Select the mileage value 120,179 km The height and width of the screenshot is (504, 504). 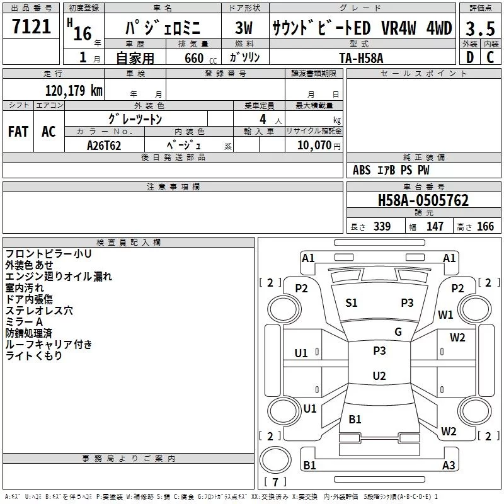[x=74, y=90]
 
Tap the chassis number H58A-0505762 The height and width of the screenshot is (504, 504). [x=423, y=200]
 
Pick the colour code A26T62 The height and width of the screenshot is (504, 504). [x=104, y=145]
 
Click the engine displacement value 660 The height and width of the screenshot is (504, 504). [x=193, y=57]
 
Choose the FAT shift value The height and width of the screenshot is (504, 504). [x=18, y=131]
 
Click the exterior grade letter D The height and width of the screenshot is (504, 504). [x=469, y=57]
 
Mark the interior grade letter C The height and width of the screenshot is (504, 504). [x=490, y=57]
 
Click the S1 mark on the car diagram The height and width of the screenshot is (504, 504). [x=352, y=302]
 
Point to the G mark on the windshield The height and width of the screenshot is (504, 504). [x=398, y=331]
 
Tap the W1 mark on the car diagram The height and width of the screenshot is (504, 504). [x=446, y=314]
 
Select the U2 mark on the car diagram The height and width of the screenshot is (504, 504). [x=379, y=376]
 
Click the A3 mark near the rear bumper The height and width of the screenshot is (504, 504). [x=449, y=466]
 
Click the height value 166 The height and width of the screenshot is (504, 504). [x=485, y=226]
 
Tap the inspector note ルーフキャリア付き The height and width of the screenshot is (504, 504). [x=49, y=345]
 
